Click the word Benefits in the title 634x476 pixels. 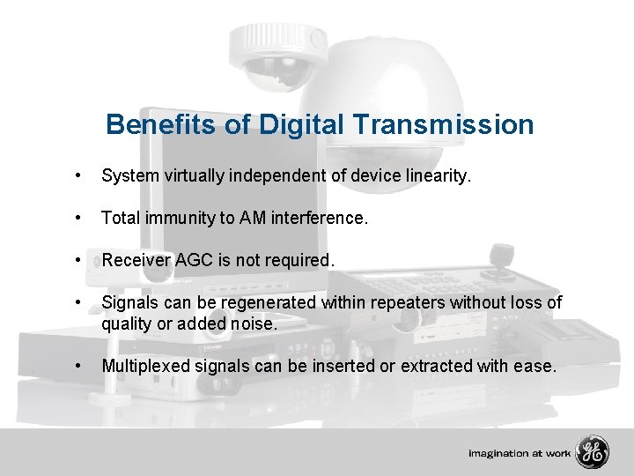[162, 124]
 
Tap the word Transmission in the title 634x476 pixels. [441, 124]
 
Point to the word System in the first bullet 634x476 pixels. [129, 176]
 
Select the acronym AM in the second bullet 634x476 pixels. [254, 218]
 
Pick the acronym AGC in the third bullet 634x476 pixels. [191, 260]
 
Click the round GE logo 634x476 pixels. [592, 453]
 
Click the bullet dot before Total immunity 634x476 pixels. [80, 218]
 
